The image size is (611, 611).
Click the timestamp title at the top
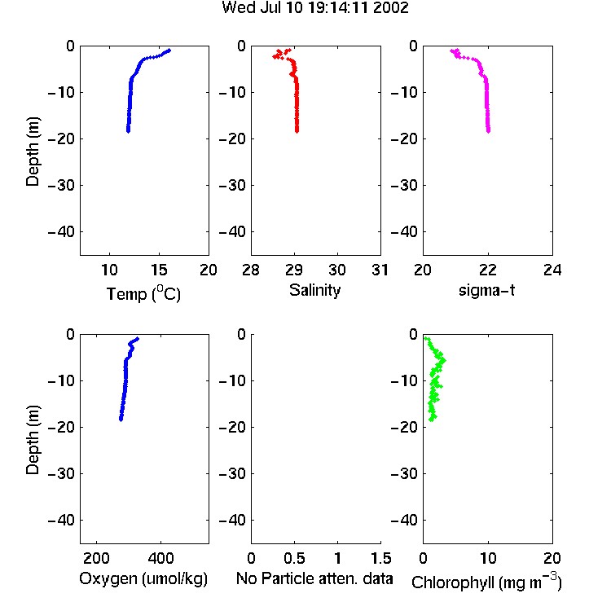click(x=314, y=8)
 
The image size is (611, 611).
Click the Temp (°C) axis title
click(x=143, y=293)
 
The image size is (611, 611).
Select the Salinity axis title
click(x=314, y=290)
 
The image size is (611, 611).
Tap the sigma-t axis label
click(x=486, y=290)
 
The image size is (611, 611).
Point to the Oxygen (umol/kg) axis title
click(x=143, y=579)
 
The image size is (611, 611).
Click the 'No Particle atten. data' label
click(x=314, y=578)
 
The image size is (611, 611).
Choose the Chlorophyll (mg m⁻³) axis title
click(x=486, y=582)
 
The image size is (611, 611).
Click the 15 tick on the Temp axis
click(x=159, y=270)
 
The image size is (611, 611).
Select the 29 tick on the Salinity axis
click(x=294, y=270)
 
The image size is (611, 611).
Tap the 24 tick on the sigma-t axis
click(x=552, y=270)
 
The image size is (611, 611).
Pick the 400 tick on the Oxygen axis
click(x=160, y=558)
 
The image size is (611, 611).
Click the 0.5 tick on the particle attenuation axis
click(x=294, y=558)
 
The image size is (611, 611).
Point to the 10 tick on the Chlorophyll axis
click(x=488, y=558)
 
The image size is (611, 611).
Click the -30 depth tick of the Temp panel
click(x=61, y=186)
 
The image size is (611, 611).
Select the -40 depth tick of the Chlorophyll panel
click(x=404, y=521)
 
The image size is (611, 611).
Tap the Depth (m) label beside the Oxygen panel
click(x=33, y=440)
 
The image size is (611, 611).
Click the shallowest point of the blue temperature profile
click(x=169, y=51)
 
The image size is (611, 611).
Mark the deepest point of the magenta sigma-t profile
click(x=488, y=131)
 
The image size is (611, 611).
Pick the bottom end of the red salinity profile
click(x=297, y=131)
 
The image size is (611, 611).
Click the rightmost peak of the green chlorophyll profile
click(x=443, y=360)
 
